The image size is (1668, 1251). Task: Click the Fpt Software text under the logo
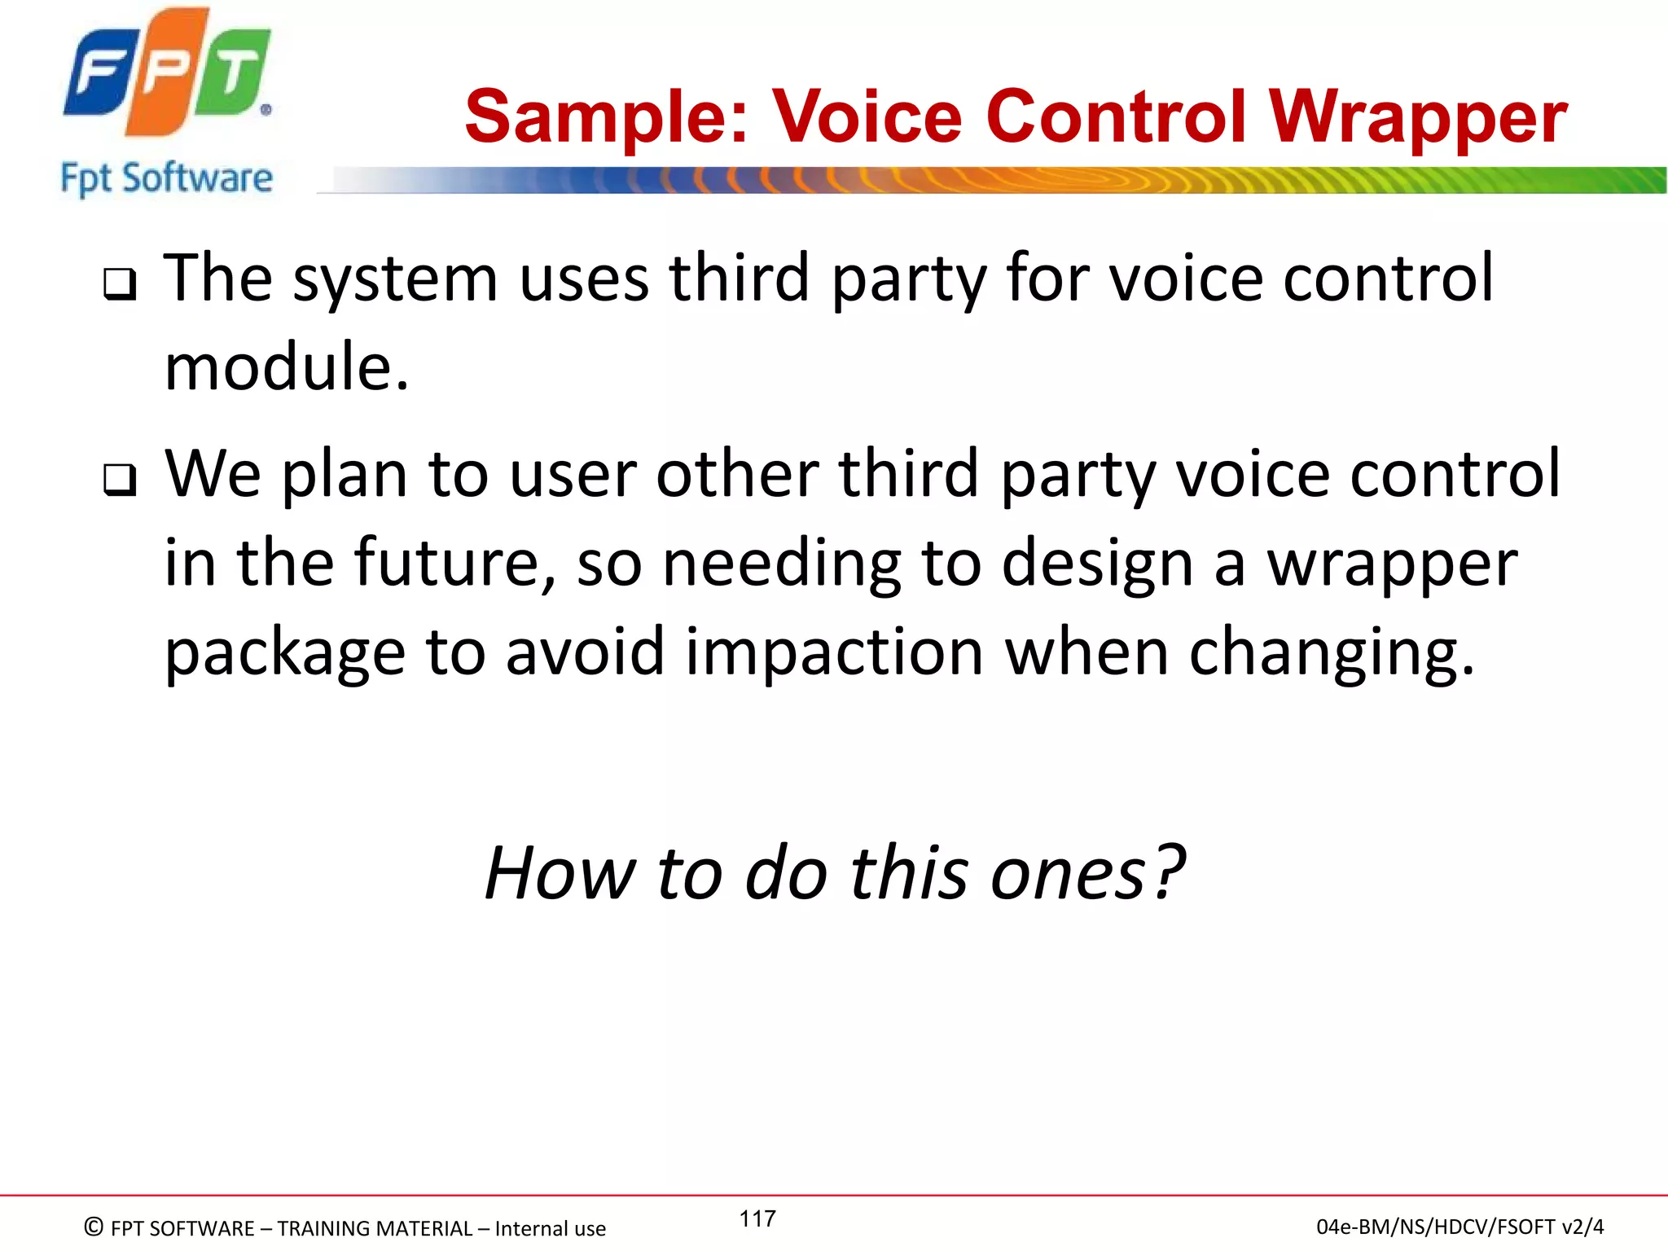coord(166,178)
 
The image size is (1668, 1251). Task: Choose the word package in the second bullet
coord(285,654)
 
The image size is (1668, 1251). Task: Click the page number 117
coord(757,1218)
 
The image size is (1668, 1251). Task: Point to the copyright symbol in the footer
coord(94,1227)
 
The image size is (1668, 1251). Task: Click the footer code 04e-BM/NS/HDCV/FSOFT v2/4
coord(1459,1227)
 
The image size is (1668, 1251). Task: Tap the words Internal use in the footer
coord(550,1228)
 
